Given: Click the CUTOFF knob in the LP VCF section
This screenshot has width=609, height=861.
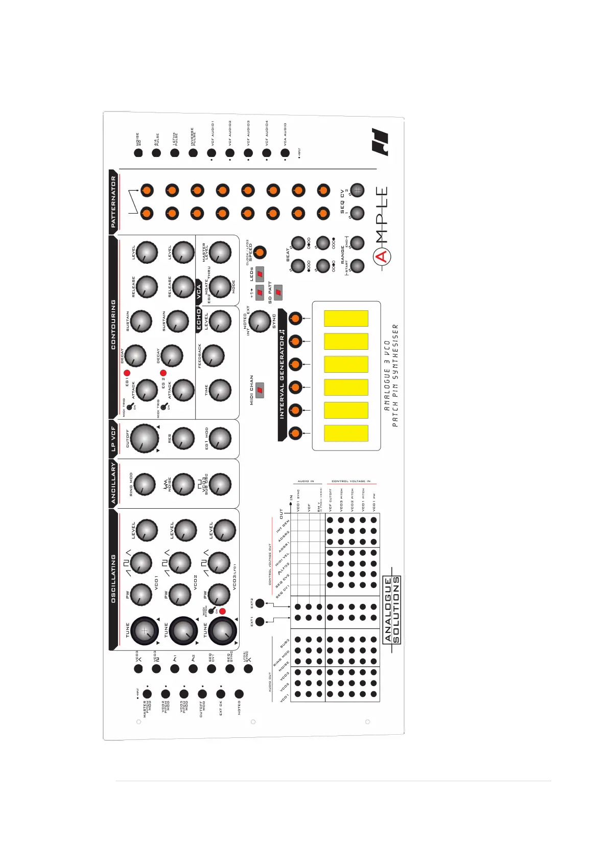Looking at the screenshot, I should coord(145,438).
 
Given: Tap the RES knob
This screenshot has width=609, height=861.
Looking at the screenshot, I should coord(183,438).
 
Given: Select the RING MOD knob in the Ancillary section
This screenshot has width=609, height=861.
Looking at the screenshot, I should coord(144,484).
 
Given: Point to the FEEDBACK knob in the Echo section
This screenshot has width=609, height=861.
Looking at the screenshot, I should coord(213,355).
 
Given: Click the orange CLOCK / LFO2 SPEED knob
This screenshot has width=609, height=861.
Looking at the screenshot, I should coord(260,252).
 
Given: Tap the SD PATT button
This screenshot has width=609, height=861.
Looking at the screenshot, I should coord(278,292).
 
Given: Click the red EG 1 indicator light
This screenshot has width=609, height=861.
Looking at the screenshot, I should coord(127,373).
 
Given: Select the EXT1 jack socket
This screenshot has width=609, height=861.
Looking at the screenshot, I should coord(260,622).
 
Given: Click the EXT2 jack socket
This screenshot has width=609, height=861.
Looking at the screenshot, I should coord(260,603).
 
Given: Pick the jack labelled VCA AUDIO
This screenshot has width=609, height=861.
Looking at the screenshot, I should coord(285,152).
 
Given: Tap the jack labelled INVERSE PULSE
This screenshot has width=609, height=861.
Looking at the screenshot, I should coord(193,152).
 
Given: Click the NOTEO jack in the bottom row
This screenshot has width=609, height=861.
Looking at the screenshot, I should coord(239,694).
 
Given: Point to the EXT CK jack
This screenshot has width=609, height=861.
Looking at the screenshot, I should coord(221,694).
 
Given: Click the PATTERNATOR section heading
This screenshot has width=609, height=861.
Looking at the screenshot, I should coord(113,202).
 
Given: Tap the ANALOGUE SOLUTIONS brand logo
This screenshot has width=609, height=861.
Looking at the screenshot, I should coord(392,609).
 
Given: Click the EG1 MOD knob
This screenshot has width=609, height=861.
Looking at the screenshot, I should coord(220,438).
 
